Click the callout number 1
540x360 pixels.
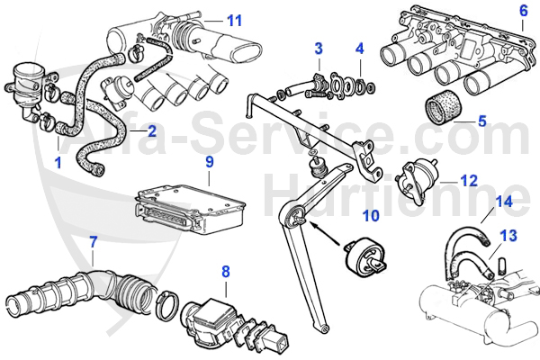coord(58,164)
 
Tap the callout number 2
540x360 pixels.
coord(152,130)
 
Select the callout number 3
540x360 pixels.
coord(319,48)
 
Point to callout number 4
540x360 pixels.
coord(359,48)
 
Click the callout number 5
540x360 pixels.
coord(481,120)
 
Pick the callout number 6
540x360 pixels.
coord(523,11)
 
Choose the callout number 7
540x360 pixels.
coord(92,241)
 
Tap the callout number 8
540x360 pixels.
coord(225,270)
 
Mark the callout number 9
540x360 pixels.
coord(209,162)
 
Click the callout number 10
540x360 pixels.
coord(371,215)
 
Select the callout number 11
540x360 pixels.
coord(234,20)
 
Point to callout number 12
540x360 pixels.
coord(469,179)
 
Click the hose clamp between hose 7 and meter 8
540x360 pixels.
coord(166,304)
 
